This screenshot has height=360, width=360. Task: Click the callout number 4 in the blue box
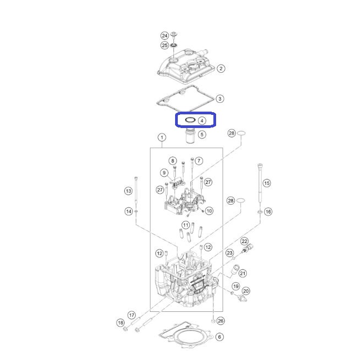click(202, 120)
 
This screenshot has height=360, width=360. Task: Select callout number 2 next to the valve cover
click(221, 68)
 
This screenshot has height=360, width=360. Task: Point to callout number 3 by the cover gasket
click(220, 98)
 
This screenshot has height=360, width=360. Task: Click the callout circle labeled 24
click(165, 36)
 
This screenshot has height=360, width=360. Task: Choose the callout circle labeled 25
click(165, 45)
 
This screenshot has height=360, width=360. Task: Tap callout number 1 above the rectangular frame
click(162, 137)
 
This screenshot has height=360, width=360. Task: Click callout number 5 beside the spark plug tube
click(202, 134)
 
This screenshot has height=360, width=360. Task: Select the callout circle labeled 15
click(266, 183)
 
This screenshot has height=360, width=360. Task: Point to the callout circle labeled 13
click(129, 191)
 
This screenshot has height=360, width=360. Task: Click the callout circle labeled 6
click(219, 337)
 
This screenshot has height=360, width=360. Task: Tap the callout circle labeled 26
click(220, 321)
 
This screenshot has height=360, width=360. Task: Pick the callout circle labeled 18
click(120, 323)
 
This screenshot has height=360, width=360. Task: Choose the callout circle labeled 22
click(244, 241)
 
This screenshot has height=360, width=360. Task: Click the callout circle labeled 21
click(243, 274)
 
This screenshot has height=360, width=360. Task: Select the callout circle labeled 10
click(209, 211)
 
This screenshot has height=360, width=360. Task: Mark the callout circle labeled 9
click(164, 173)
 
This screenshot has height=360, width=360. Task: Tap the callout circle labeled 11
click(185, 225)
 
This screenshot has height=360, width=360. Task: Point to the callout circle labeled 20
click(246, 291)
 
